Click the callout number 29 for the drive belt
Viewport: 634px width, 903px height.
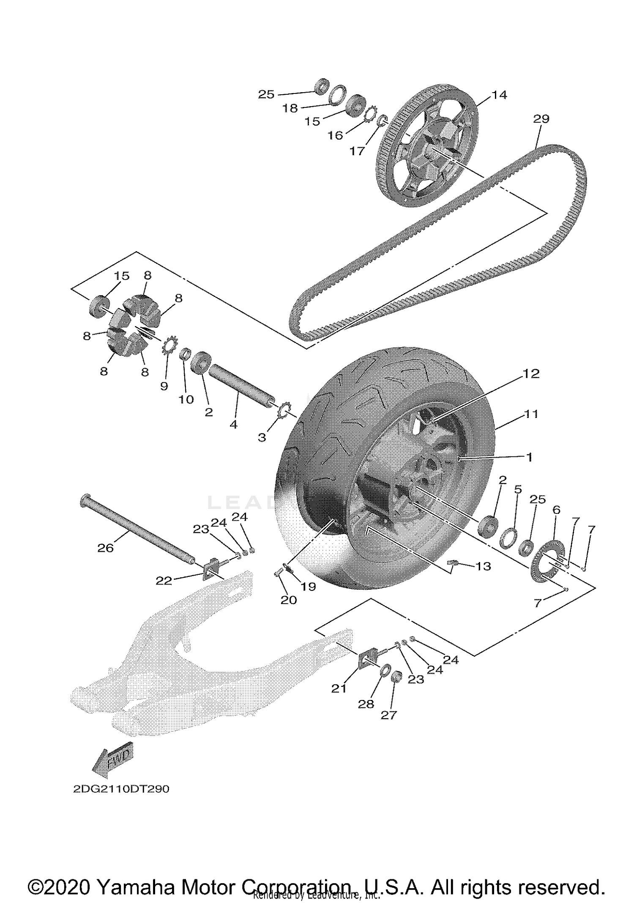[x=541, y=119]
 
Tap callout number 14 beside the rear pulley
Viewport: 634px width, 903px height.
[x=499, y=95]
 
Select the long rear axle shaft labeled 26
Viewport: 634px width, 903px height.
[x=135, y=529]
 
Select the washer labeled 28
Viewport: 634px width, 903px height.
[x=385, y=670]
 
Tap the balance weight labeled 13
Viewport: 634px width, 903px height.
[x=453, y=562]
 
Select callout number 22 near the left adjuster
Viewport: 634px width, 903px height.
[x=164, y=581]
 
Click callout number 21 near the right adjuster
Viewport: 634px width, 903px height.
[x=339, y=689]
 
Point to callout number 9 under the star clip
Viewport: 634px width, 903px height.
[x=164, y=386]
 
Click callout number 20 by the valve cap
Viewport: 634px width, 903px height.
[x=289, y=600]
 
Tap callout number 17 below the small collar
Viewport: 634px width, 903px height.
[x=357, y=151]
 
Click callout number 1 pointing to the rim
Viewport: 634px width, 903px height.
[x=529, y=457]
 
